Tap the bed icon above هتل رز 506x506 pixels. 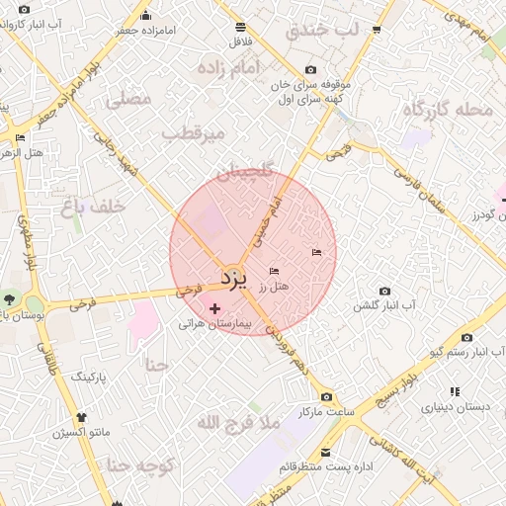click(275, 271)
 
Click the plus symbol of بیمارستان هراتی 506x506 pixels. click(215, 309)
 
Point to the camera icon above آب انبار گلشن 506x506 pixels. click(384, 292)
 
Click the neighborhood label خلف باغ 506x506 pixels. click(93, 206)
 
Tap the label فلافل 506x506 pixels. click(240, 42)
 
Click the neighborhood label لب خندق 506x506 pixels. click(323, 30)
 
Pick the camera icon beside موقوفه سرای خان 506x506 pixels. click(311, 69)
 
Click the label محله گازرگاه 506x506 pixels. click(447, 109)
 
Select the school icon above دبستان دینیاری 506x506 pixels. click(454, 391)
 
